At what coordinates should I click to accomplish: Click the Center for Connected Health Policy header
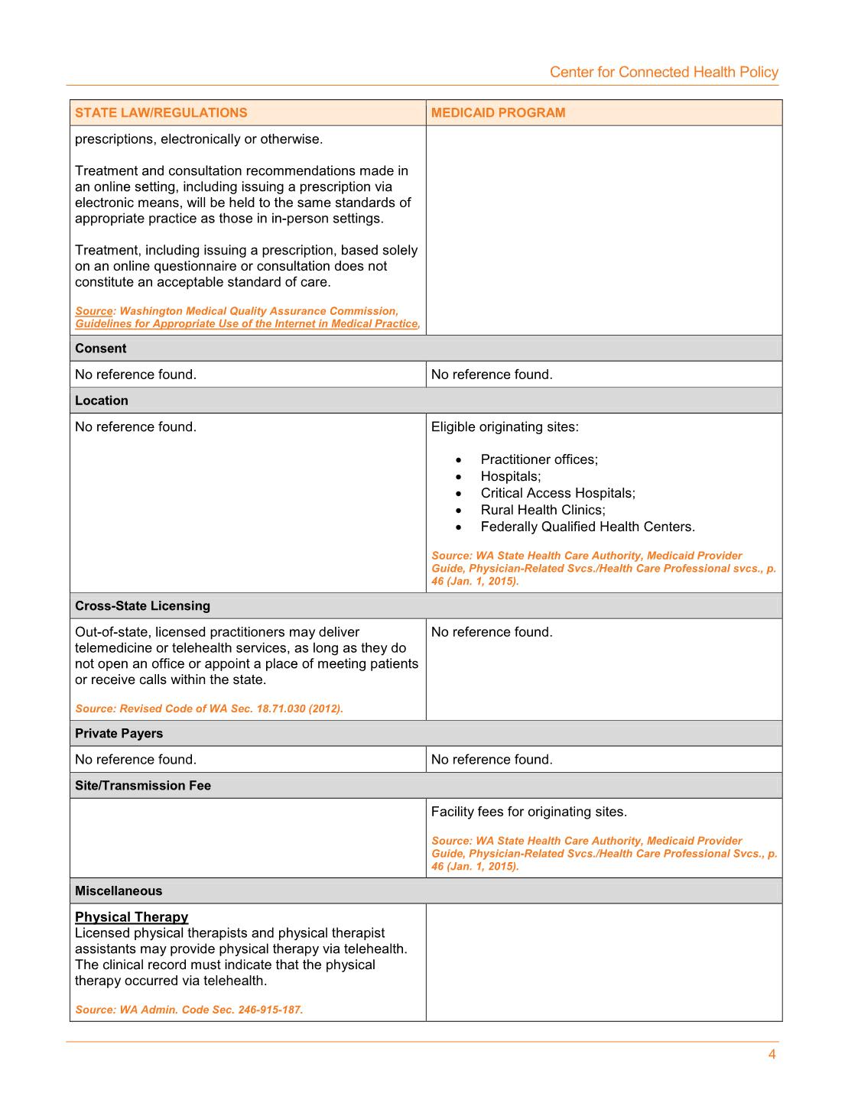[x=664, y=72]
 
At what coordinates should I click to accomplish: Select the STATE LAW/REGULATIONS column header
[x=161, y=112]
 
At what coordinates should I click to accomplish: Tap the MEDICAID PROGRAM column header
[x=498, y=112]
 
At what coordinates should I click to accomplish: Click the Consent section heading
[x=101, y=349]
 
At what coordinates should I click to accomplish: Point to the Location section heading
[x=102, y=401]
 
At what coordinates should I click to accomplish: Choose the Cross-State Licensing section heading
[x=142, y=606]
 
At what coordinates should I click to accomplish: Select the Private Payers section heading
[x=119, y=734]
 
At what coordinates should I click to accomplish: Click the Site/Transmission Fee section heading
[x=143, y=786]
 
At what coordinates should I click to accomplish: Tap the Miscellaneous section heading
[x=119, y=891]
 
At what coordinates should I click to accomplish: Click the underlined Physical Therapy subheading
[x=132, y=917]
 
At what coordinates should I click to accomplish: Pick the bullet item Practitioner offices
[x=539, y=459]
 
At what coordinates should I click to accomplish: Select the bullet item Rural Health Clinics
[x=543, y=510]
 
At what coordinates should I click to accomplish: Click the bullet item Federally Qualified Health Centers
[x=587, y=527]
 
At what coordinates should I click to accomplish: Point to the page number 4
[x=772, y=1055]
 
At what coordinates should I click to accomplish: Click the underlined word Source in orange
[x=94, y=311]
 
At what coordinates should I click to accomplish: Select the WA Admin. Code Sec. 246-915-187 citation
[x=189, y=1010]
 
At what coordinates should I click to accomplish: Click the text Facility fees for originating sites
[x=528, y=812]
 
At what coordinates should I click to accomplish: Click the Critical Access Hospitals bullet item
[x=557, y=493]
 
